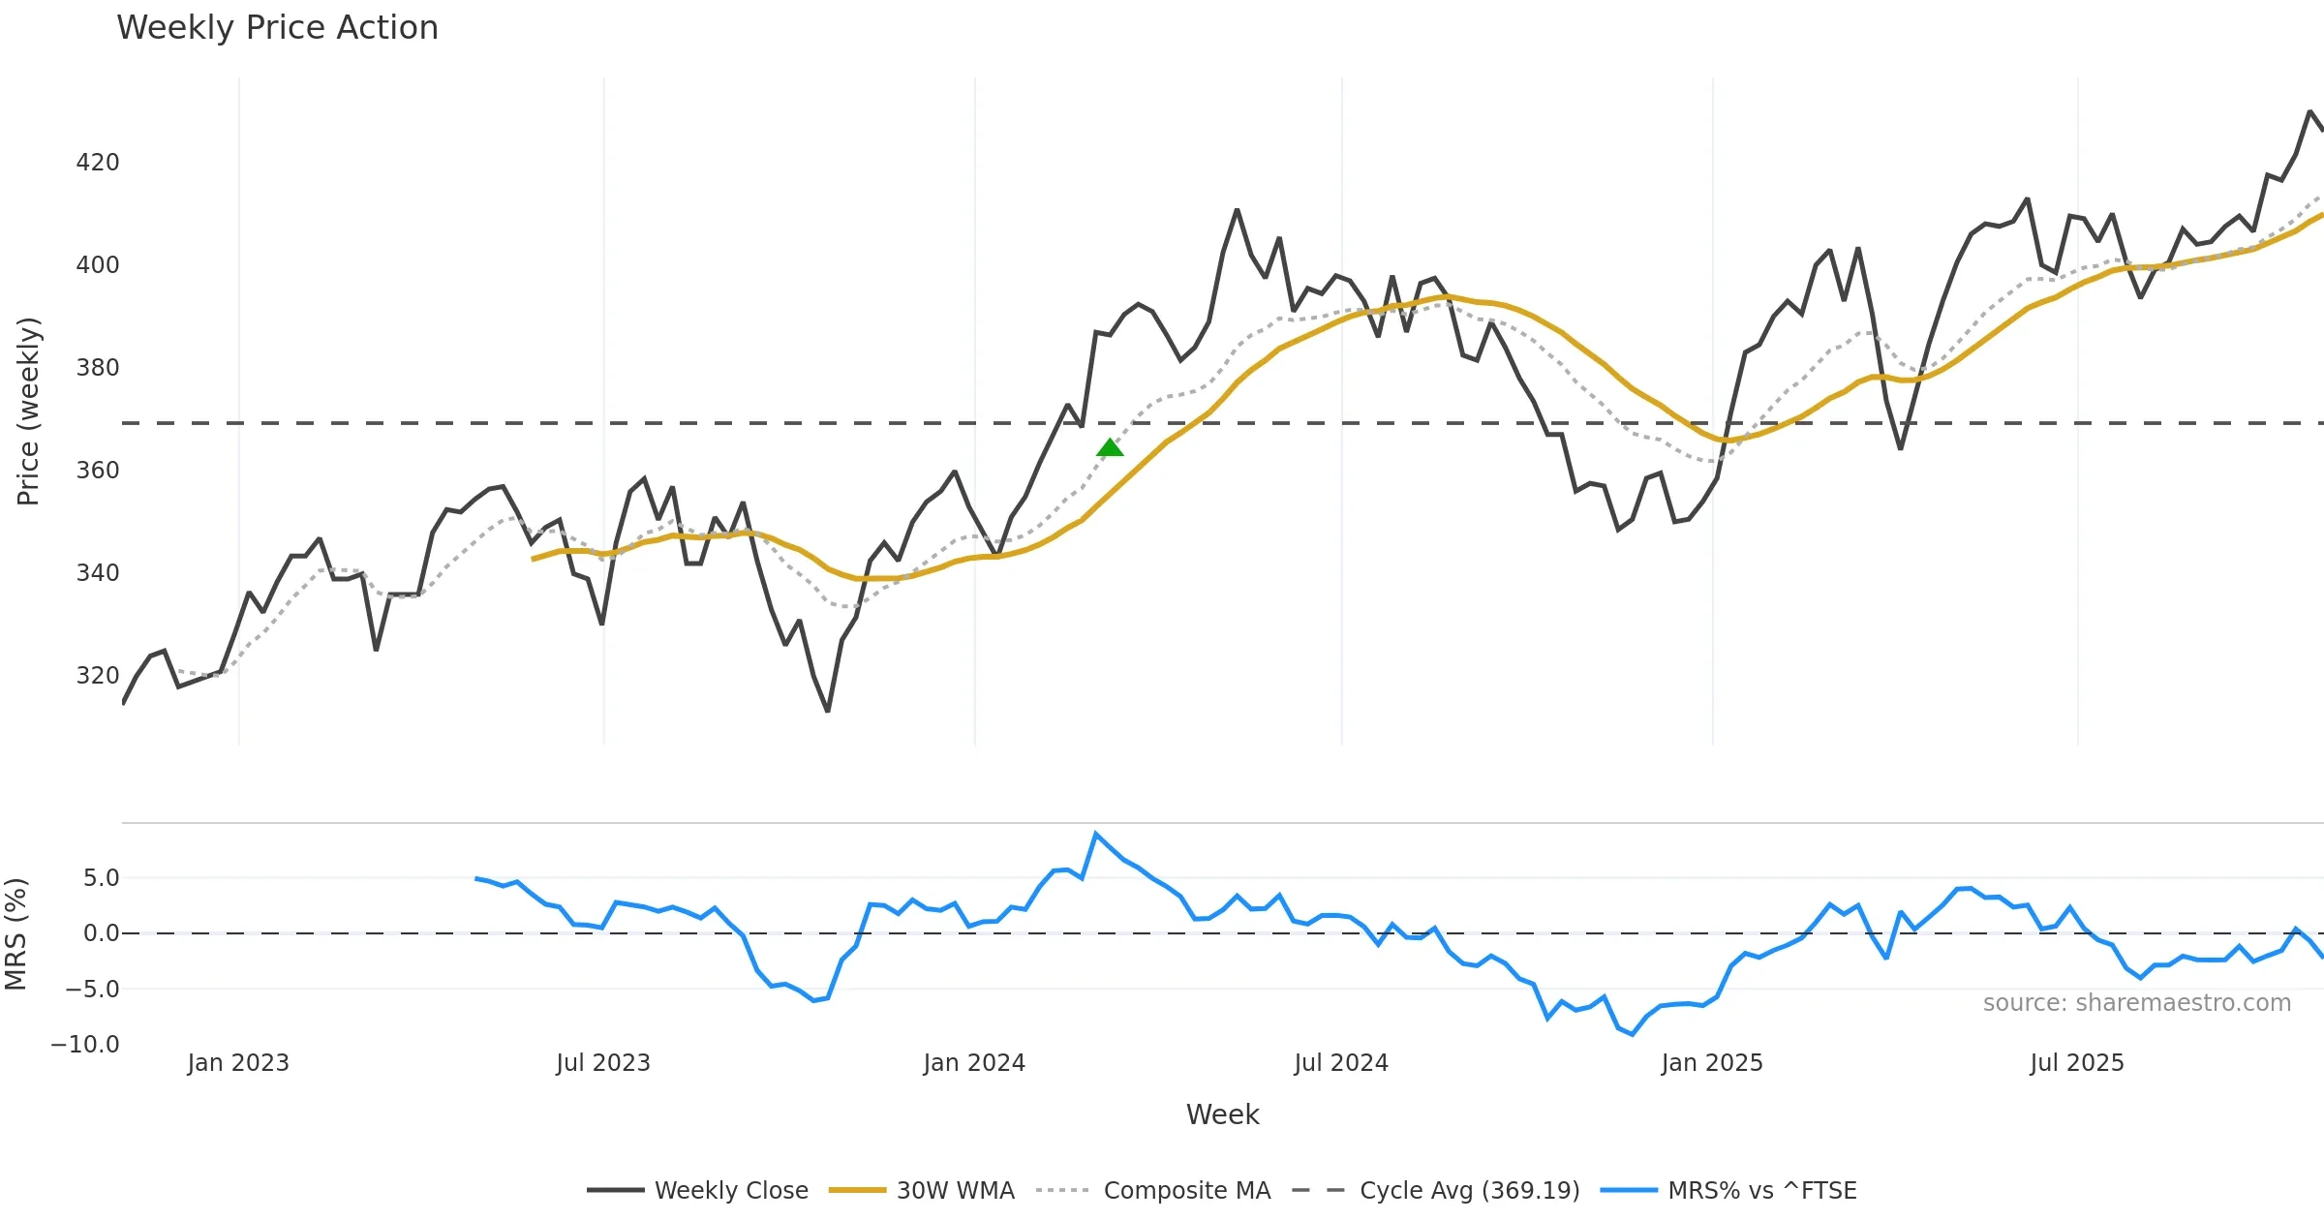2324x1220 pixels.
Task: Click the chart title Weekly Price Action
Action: [277, 28]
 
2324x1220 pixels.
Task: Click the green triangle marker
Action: [1110, 447]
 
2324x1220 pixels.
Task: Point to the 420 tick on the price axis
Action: [98, 163]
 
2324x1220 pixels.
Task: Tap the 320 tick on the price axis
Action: [98, 676]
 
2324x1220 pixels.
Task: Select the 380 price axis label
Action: [98, 368]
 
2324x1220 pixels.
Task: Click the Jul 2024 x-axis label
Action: [1341, 1063]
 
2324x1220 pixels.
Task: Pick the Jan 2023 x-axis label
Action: [238, 1063]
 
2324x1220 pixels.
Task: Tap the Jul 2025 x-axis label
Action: [2077, 1063]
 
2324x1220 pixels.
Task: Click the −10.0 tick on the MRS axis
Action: [85, 1045]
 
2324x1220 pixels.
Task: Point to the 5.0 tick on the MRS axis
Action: [101, 878]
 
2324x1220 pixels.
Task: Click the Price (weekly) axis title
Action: [29, 412]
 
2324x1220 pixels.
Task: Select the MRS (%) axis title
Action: [16, 934]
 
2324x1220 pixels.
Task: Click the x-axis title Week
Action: [1222, 1115]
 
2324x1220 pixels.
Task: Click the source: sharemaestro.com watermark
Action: [2136, 1003]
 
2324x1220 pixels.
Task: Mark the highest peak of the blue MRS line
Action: [1095, 834]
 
